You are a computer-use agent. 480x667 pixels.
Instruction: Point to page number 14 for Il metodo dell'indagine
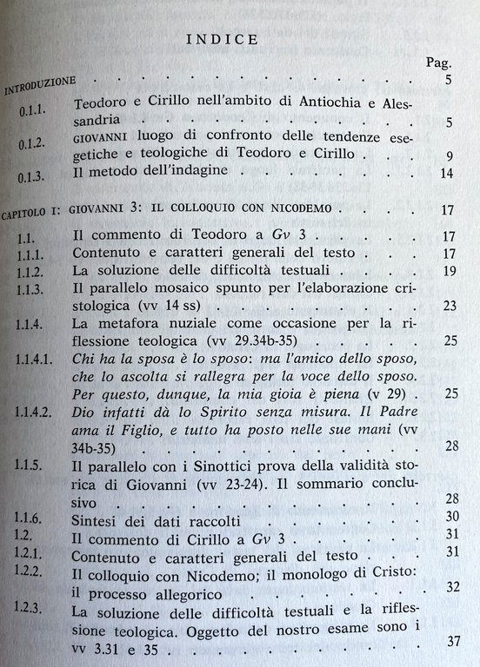[x=447, y=175]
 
